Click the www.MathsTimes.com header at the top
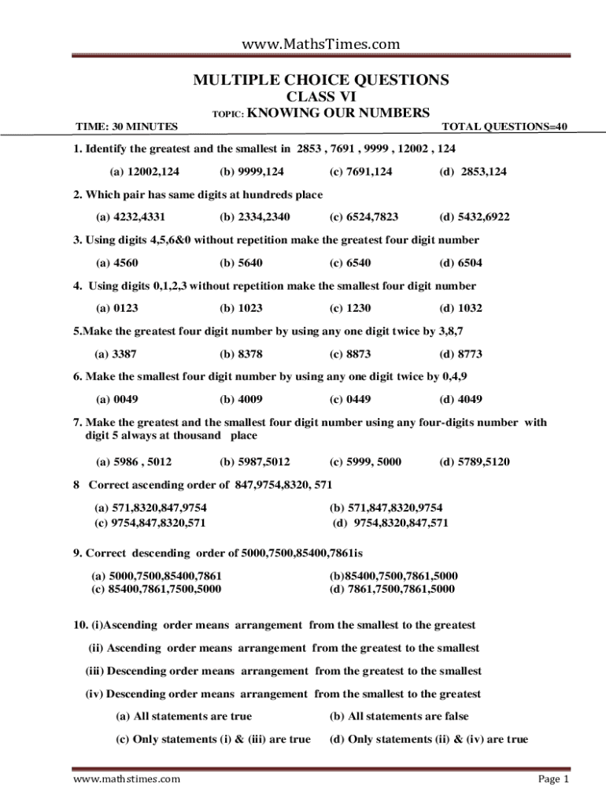(320, 44)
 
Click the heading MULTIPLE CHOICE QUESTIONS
(321, 80)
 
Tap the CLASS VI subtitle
(321, 97)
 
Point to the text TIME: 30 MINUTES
(126, 127)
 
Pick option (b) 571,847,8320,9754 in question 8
(386, 508)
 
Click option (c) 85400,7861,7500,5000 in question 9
(157, 589)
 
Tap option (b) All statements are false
(399, 716)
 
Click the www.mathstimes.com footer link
(126, 779)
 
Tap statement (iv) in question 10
(283, 694)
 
